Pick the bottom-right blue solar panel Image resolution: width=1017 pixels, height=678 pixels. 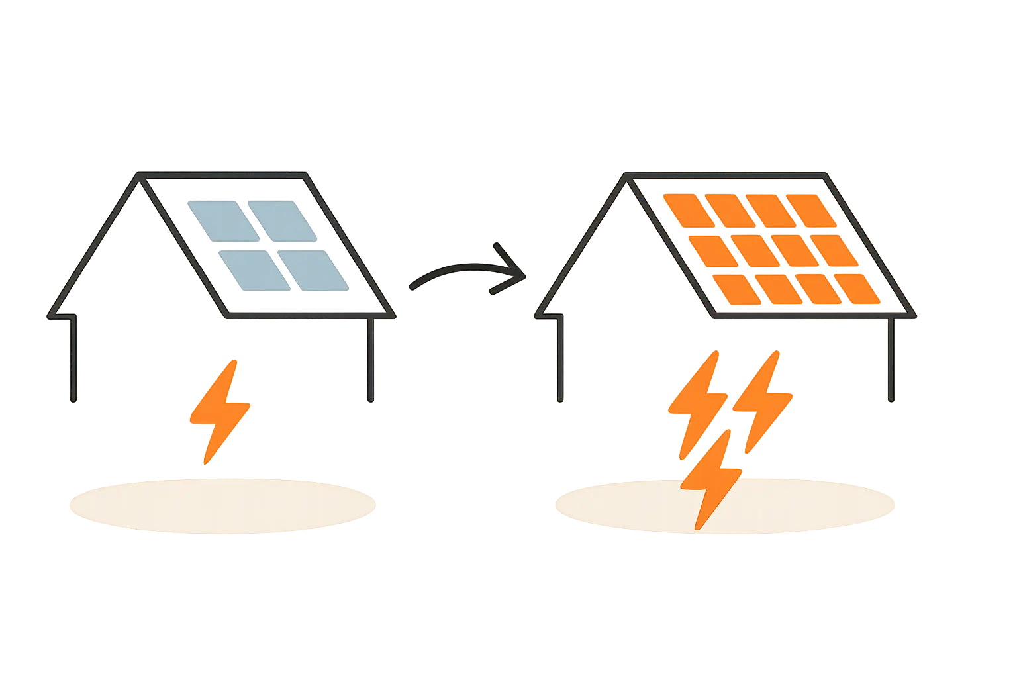(x=315, y=269)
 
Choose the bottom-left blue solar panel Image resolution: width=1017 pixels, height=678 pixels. (x=252, y=270)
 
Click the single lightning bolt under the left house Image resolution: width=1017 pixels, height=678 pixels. (x=218, y=411)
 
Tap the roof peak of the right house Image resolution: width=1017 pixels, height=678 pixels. (x=626, y=176)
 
